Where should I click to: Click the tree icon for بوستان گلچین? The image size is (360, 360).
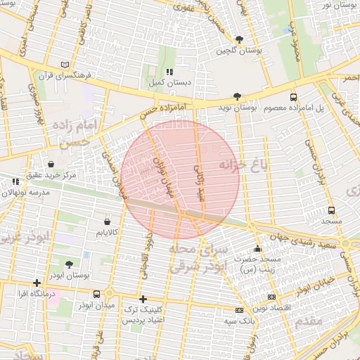(240, 39)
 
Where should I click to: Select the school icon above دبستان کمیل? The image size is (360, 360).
(169, 72)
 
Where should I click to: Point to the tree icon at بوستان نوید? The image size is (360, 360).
(237, 97)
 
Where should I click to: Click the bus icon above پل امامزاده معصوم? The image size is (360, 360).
(293, 98)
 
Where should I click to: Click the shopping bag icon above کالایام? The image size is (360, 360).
(107, 221)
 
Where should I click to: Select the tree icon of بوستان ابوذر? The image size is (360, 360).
(69, 264)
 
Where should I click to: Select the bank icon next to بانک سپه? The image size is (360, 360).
(239, 309)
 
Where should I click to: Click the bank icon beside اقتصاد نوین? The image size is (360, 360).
(272, 297)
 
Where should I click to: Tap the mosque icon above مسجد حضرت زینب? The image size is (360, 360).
(257, 248)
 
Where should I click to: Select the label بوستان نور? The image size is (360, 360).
(335, 5)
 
